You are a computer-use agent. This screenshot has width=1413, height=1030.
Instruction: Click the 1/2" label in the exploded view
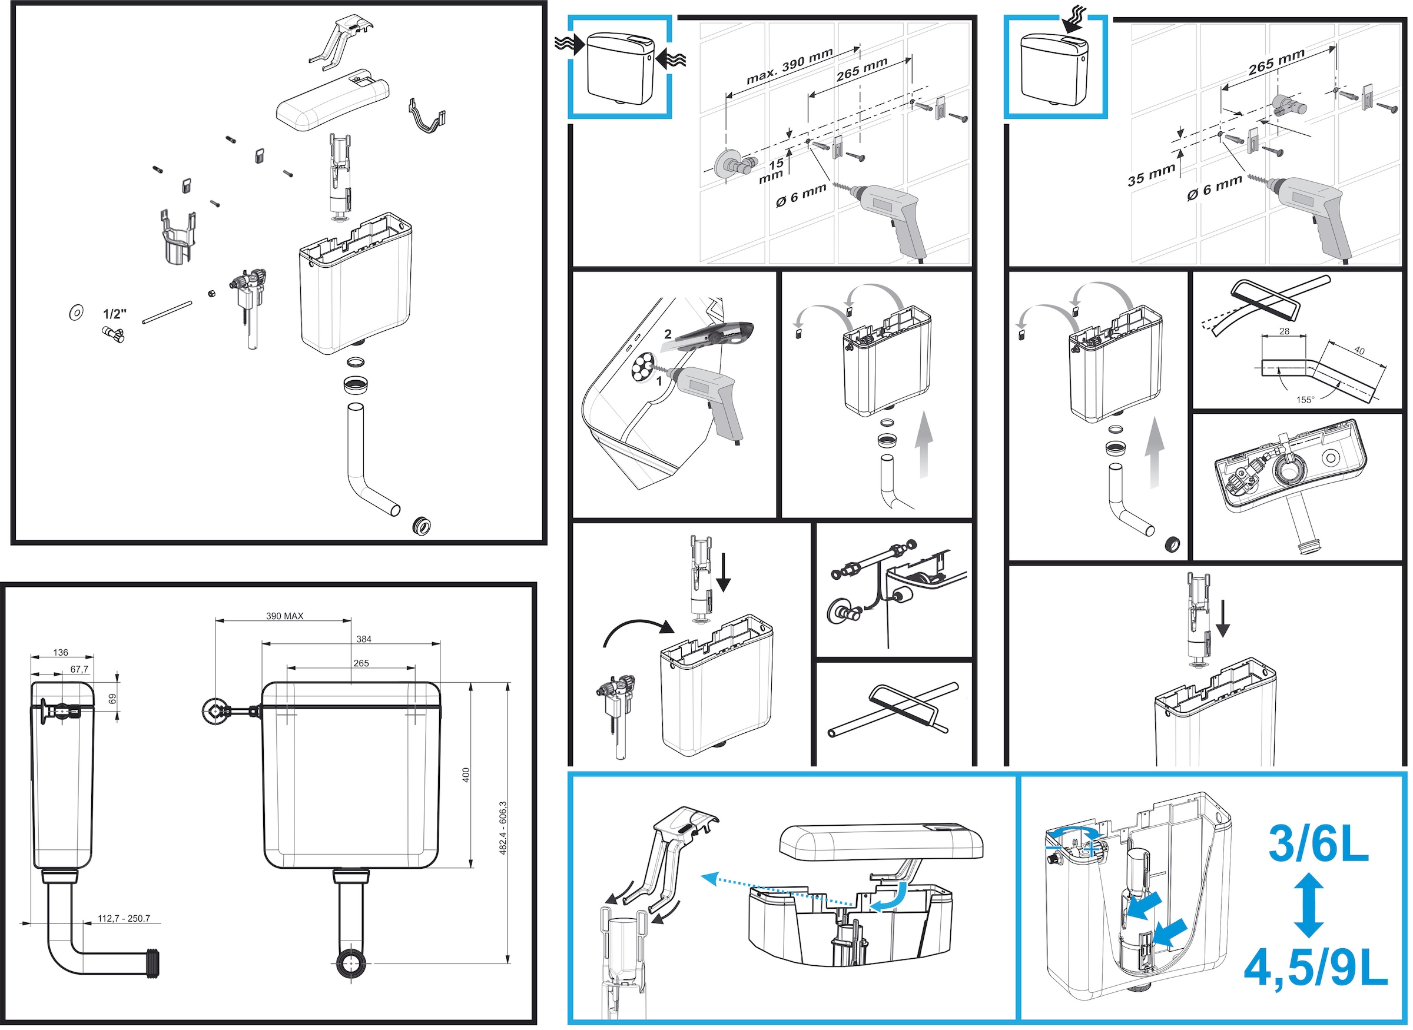(115, 314)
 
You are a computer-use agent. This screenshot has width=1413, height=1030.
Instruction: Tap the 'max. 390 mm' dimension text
(790, 66)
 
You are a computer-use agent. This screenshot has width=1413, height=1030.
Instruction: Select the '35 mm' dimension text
(1150, 175)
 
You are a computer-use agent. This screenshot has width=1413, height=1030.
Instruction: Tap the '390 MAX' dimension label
(284, 616)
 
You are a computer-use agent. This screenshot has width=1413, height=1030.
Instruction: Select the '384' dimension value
(363, 639)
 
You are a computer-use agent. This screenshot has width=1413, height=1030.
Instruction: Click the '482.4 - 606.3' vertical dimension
(503, 828)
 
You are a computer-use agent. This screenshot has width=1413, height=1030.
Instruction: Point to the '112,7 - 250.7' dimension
(124, 918)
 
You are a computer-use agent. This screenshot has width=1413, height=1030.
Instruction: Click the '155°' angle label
(1305, 400)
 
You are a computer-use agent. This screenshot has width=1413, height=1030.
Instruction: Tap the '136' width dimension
(61, 653)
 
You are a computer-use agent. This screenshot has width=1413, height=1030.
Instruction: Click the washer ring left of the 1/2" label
(76, 313)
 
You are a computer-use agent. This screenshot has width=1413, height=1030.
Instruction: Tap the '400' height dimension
(466, 775)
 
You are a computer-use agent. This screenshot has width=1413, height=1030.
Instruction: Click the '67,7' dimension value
(79, 670)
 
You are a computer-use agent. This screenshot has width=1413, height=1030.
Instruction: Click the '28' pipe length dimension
(1284, 331)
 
